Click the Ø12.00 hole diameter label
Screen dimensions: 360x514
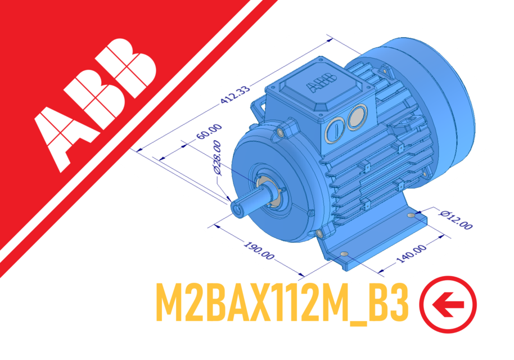point(456,219)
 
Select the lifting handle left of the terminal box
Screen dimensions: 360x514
point(259,109)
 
